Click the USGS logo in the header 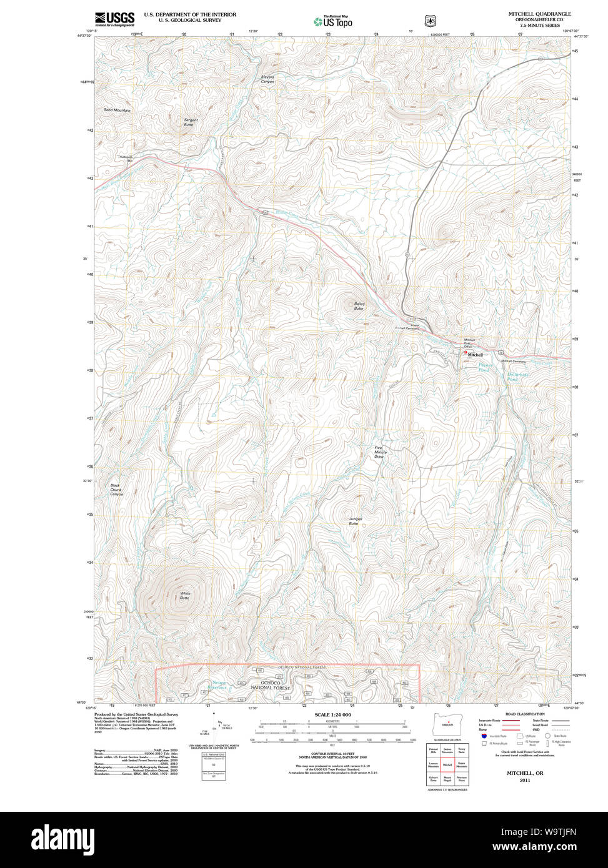click(114, 19)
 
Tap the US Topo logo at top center click(332, 21)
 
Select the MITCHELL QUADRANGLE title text click(539, 14)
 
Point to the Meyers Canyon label click(267, 79)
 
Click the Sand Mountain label click(117, 110)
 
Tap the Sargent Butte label click(191, 122)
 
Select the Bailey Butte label click(359, 306)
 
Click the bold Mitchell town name click(475, 355)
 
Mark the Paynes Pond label click(485, 368)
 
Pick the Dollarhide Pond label click(517, 377)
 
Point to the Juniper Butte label click(356, 521)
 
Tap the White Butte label click(185, 596)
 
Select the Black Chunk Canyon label click(116, 490)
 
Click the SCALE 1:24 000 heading click(332, 714)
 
